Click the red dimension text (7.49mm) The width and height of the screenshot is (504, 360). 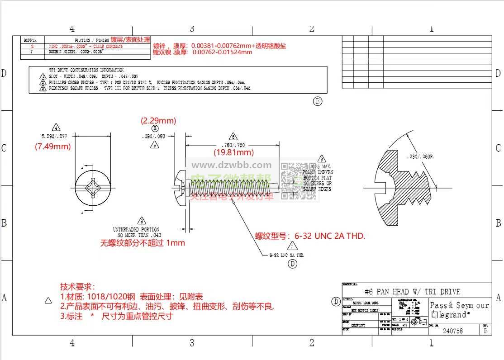[x=53, y=147]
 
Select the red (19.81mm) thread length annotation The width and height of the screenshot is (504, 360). [x=233, y=152]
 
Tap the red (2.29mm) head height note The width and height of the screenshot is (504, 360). [x=158, y=121]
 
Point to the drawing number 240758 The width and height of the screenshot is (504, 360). [x=452, y=331]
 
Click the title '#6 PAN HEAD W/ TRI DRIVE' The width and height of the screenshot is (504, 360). [x=412, y=292]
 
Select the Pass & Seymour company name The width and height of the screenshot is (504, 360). [x=459, y=305]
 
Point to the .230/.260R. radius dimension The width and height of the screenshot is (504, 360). [x=421, y=156]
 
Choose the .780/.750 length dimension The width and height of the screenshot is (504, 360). [x=234, y=145]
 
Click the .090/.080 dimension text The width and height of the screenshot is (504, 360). [x=153, y=136]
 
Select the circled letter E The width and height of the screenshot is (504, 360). [x=318, y=101]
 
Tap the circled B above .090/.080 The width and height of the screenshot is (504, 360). [x=155, y=128]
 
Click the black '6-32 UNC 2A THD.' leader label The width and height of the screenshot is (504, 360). [x=287, y=255]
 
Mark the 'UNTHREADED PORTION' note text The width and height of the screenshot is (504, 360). [x=136, y=230]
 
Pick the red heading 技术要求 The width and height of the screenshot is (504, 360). [x=77, y=287]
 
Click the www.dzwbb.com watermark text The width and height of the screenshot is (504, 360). [x=232, y=165]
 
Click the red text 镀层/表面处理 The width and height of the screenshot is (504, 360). [x=130, y=40]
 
